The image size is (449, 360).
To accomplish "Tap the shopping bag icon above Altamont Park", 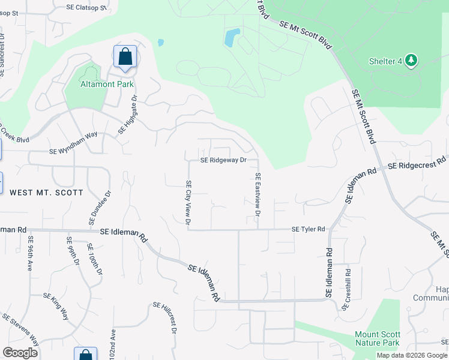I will (x=125, y=58).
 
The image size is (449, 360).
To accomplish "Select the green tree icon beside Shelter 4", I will (x=411, y=60).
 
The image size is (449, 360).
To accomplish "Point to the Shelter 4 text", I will (x=385, y=61).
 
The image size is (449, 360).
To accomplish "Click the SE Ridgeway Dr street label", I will (x=223, y=160).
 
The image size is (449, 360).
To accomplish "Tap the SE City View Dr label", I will (x=188, y=203).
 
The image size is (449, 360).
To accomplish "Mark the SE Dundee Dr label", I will (x=101, y=208).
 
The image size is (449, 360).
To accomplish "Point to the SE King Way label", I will (x=56, y=304).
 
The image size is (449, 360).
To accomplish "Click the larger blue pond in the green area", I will (x=232, y=38).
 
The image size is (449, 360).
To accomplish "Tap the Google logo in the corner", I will (x=20, y=353).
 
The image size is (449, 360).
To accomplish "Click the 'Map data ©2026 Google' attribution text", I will (x=411, y=355).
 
